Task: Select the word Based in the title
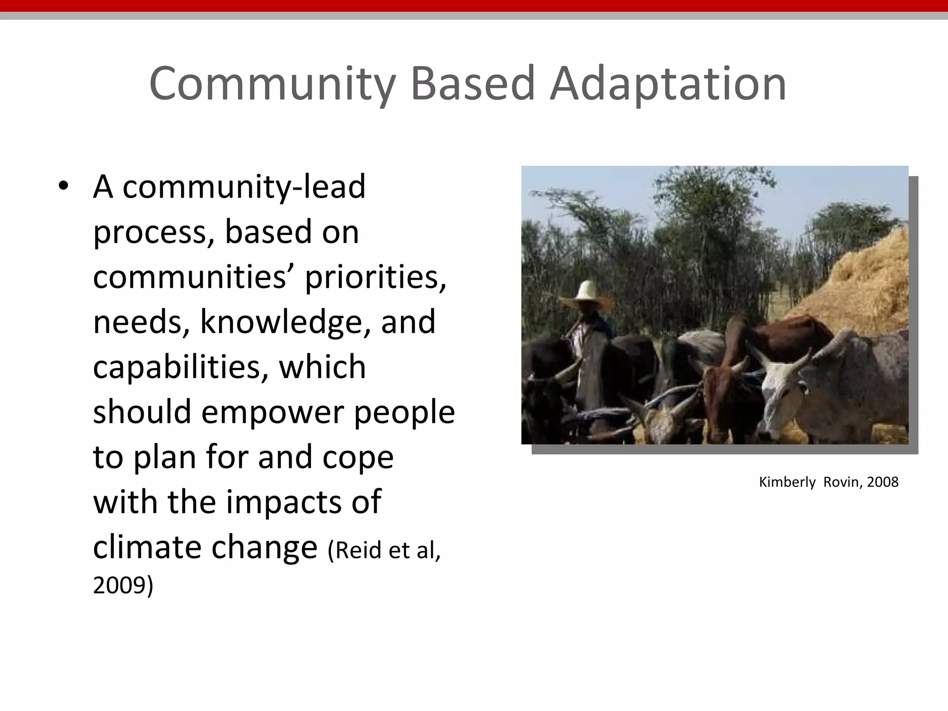point(473,84)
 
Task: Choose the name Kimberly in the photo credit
point(787,482)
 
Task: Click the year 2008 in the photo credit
point(883,482)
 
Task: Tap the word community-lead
point(244,187)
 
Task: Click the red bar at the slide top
point(474,6)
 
